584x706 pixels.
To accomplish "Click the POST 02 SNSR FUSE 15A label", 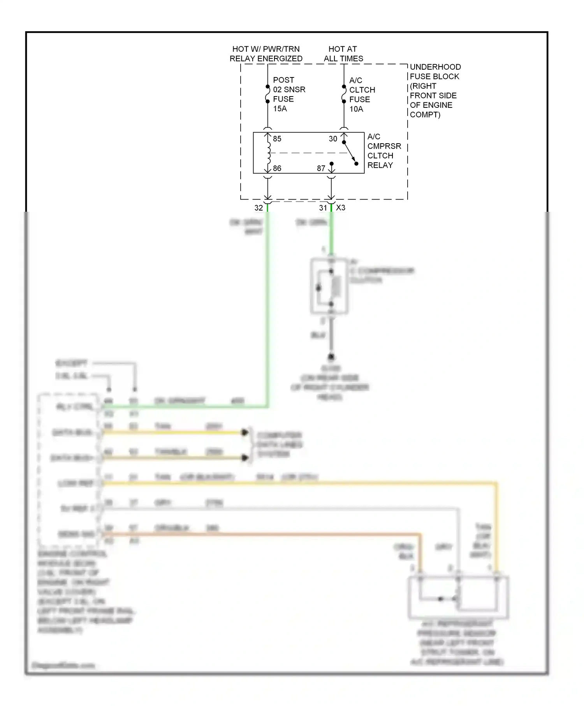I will pyautogui.click(x=288, y=94).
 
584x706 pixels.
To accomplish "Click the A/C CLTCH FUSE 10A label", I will pyautogui.click(x=362, y=95).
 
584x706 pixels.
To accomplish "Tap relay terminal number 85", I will pyautogui.click(x=277, y=139).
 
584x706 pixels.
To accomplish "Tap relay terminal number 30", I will pyautogui.click(x=332, y=139).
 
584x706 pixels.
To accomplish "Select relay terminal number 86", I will pyautogui.click(x=277, y=169).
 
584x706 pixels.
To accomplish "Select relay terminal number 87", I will pyautogui.click(x=321, y=169).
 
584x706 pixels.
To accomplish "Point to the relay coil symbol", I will pyautogui.click(x=268, y=153).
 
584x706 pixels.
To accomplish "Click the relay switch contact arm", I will pyautogui.click(x=350, y=153).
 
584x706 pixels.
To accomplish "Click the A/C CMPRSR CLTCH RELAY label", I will pyautogui.click(x=383, y=151).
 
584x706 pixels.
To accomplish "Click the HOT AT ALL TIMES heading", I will pyautogui.click(x=343, y=54).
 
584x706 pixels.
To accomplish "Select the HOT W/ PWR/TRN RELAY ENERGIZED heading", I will pyautogui.click(x=266, y=54).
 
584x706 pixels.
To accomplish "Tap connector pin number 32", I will pyautogui.click(x=259, y=208).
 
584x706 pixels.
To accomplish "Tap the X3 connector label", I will pyautogui.click(x=341, y=208).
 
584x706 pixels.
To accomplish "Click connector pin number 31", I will pyautogui.click(x=323, y=208).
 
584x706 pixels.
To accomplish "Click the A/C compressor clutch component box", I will pyautogui.click(x=329, y=286).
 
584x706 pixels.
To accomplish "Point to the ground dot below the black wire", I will pyautogui.click(x=331, y=357).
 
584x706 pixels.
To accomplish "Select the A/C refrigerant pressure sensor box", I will pyautogui.click(x=458, y=598).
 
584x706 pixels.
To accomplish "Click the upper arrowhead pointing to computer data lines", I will pyautogui.click(x=245, y=432).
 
